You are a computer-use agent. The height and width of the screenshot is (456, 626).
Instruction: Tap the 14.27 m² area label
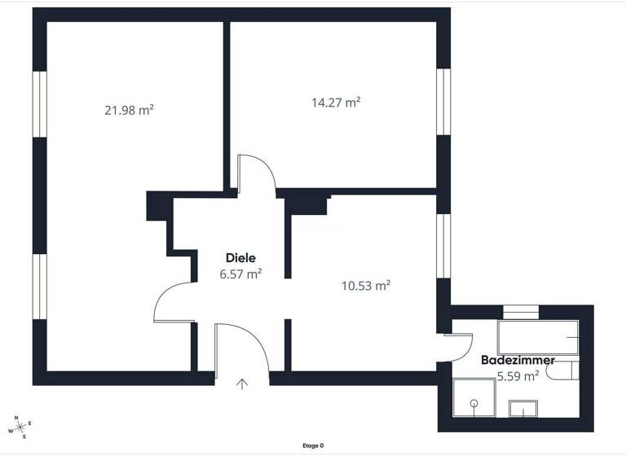click(x=336, y=103)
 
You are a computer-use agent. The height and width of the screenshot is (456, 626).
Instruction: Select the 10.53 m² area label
click(x=365, y=285)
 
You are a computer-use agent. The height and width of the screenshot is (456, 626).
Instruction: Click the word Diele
click(x=241, y=258)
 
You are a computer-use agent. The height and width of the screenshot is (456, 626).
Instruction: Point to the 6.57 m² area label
click(x=240, y=274)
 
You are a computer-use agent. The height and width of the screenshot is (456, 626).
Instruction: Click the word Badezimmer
click(x=518, y=360)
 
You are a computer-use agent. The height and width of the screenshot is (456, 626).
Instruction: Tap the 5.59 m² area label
click(x=518, y=376)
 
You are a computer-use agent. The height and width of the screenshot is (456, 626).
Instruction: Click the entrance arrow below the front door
click(x=242, y=384)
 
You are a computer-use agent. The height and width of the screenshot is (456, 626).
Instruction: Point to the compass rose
click(x=21, y=426)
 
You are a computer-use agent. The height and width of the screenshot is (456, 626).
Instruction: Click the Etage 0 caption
click(x=313, y=445)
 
